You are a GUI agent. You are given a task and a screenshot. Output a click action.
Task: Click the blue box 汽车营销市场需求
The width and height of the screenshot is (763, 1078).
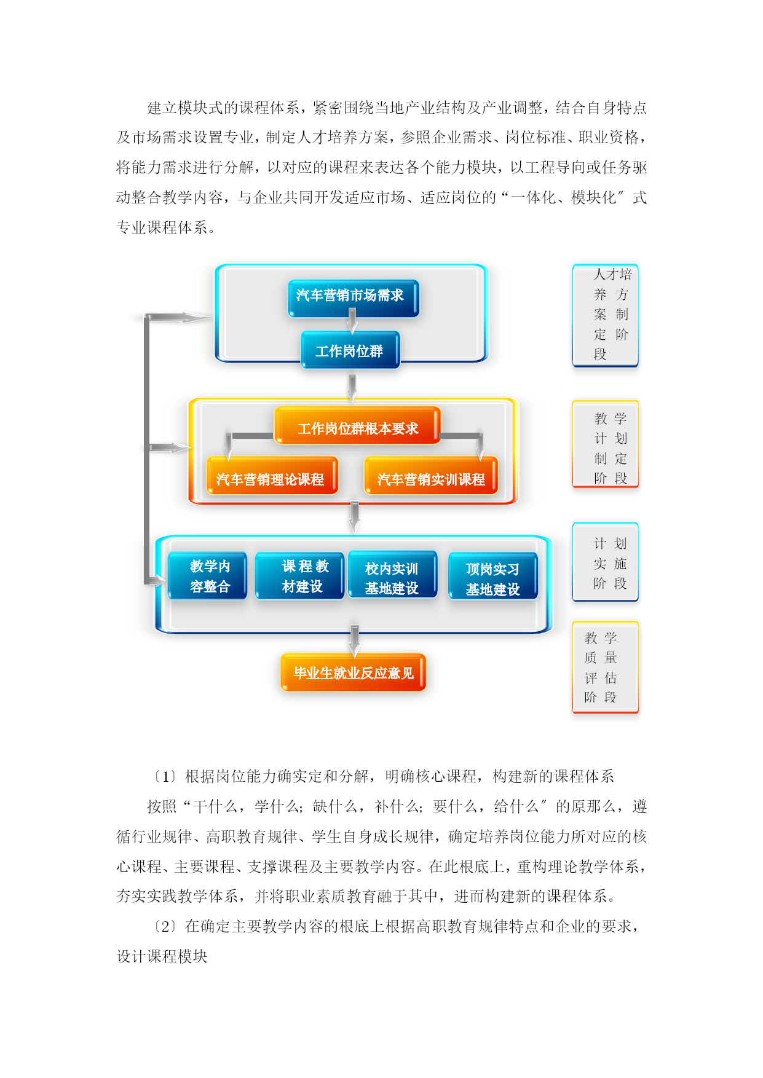[x=354, y=298]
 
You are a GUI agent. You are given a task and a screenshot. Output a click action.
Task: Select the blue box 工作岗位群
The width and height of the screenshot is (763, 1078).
[x=350, y=350]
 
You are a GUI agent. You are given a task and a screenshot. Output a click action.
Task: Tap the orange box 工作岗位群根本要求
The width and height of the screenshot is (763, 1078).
[x=357, y=425]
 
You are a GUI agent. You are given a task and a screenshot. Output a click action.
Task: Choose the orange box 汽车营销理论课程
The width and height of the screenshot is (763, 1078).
[x=272, y=476]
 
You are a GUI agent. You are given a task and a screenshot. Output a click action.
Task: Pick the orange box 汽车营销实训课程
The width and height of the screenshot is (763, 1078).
[x=431, y=476]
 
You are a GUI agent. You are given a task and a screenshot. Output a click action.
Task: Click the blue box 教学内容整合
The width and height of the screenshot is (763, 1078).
[x=207, y=575]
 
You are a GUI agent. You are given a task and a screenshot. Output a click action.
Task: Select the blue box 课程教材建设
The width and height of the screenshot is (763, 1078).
[x=299, y=575]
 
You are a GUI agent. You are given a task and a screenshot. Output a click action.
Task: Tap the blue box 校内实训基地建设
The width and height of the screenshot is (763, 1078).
[x=392, y=575]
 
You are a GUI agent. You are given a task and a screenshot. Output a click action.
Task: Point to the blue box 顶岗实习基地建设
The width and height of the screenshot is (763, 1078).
[x=493, y=576]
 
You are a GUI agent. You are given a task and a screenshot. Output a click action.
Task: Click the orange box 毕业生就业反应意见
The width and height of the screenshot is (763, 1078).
[x=354, y=672]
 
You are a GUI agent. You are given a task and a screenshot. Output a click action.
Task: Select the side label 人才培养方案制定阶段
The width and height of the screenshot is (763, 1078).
[x=606, y=315]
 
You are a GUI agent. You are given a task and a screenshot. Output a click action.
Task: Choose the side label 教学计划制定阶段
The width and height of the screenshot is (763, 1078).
[x=606, y=444]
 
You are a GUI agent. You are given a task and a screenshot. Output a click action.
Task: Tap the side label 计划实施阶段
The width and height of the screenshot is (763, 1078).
[x=606, y=562]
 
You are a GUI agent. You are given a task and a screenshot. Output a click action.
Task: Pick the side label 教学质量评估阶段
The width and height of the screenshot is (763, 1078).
[x=606, y=667]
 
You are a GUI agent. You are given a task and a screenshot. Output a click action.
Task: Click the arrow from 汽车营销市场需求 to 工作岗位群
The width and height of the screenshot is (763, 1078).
[x=352, y=320]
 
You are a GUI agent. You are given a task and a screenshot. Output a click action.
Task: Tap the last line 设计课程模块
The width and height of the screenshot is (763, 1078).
[x=162, y=957]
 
